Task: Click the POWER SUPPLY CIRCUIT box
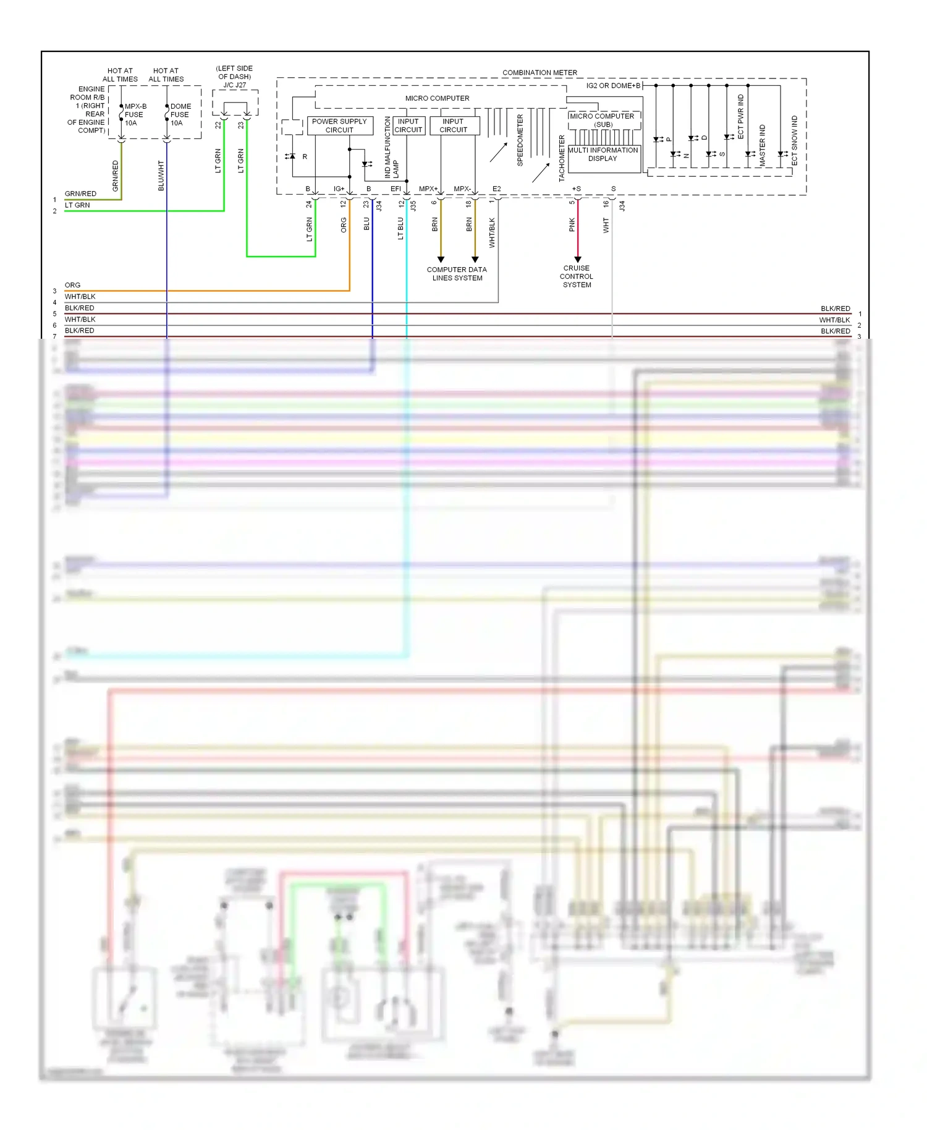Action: [339, 125]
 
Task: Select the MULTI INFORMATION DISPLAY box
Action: [603, 155]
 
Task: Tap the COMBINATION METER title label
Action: [540, 72]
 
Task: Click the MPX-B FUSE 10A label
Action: [135, 114]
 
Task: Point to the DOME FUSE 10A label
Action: [180, 114]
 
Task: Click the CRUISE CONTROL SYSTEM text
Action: [577, 276]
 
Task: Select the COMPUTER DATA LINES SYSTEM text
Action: [457, 274]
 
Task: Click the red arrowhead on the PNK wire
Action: [578, 260]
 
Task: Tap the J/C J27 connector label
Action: [235, 85]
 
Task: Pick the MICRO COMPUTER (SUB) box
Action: [603, 120]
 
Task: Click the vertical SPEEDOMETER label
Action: [520, 140]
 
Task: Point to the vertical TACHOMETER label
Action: [562, 158]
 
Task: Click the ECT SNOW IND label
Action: [795, 140]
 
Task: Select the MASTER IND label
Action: [763, 145]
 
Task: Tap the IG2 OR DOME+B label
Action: [613, 85]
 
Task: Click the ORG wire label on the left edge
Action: [72, 285]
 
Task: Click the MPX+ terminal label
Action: [428, 189]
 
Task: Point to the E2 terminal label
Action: [496, 189]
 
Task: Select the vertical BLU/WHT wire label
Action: [161, 176]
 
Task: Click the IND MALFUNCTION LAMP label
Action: [391, 147]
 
